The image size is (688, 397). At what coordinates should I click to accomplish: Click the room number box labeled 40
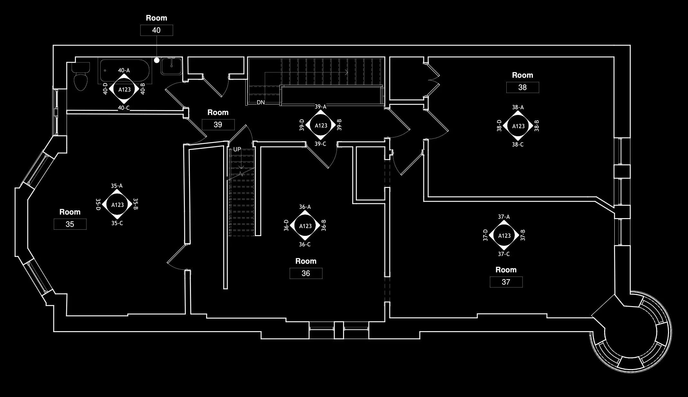(x=157, y=30)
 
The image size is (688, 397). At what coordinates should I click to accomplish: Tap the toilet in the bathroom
(x=80, y=79)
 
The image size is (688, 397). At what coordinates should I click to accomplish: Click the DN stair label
(x=261, y=102)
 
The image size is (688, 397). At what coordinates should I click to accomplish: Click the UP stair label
(x=237, y=149)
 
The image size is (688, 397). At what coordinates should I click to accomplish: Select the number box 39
(x=218, y=125)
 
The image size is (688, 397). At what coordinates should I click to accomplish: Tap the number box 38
(x=522, y=87)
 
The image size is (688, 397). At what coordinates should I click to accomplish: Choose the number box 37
(x=506, y=282)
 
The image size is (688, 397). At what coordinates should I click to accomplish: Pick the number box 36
(x=306, y=273)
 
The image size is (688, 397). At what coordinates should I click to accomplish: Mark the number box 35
(x=70, y=224)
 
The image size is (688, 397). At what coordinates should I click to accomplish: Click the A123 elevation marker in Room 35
(x=117, y=205)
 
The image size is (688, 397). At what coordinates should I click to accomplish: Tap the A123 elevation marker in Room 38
(x=518, y=126)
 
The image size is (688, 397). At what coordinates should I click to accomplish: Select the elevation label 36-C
(x=305, y=244)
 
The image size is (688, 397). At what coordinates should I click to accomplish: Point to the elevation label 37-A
(x=504, y=217)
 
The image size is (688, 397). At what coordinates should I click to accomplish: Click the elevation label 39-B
(x=339, y=125)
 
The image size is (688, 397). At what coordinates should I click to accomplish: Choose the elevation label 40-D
(x=105, y=89)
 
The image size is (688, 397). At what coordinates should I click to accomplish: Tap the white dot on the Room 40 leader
(x=157, y=60)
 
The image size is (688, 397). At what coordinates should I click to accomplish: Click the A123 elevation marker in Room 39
(x=321, y=126)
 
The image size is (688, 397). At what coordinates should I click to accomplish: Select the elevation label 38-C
(x=518, y=145)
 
